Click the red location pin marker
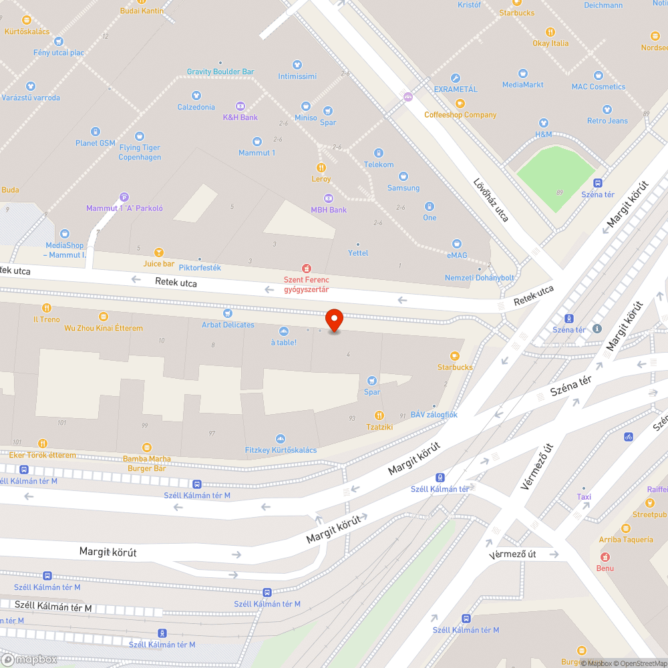pos(333,320)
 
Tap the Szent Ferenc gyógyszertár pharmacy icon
pos(307,268)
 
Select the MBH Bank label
pos(329,210)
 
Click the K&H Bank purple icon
pos(240,106)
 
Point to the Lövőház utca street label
pos(491,200)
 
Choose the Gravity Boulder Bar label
pos(220,71)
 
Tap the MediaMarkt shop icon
pos(523,73)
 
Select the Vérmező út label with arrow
pos(513,554)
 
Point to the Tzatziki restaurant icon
pos(379,415)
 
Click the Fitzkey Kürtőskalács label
pos(281,450)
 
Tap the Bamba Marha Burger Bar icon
pos(147,448)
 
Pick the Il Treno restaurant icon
pos(47,308)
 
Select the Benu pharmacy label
pos(605,568)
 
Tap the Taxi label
pos(584,497)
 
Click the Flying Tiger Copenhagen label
pos(140,152)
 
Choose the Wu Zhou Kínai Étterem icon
pos(104,317)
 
